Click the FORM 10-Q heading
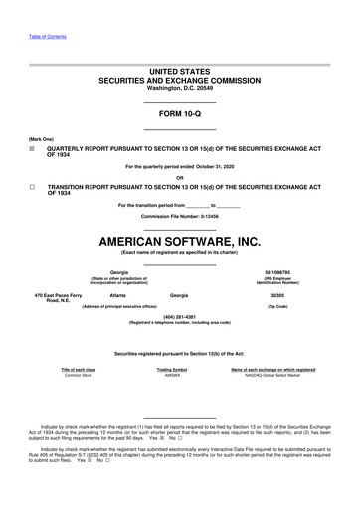click(x=179, y=115)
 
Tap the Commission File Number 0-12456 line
click(x=179, y=216)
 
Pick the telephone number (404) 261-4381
click(x=179, y=317)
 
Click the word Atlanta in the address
click(x=118, y=296)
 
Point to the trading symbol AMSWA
click(x=172, y=375)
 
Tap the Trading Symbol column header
click(x=172, y=369)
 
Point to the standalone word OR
click(x=179, y=177)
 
